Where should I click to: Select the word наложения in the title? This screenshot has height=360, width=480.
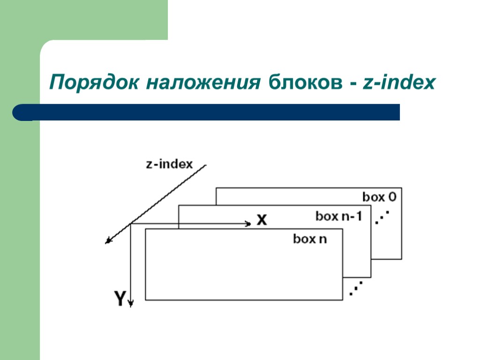pyautogui.click(x=203, y=83)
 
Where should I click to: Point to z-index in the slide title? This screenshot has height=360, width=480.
pyautogui.click(x=399, y=83)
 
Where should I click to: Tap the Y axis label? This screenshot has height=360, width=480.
pyautogui.click(x=120, y=299)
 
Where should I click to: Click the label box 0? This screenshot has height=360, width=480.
pyautogui.click(x=379, y=197)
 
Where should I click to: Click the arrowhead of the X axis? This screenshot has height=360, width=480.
pyautogui.click(x=248, y=224)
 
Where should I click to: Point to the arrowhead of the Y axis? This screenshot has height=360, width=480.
pyautogui.click(x=131, y=303)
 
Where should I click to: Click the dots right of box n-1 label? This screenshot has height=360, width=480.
pyautogui.click(x=383, y=217)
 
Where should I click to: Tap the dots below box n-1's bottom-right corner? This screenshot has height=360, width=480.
pyautogui.click(x=356, y=288)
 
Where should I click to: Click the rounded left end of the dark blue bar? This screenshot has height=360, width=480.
pyautogui.click(x=21, y=112)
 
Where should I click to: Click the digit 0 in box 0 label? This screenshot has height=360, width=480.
pyautogui.click(x=391, y=197)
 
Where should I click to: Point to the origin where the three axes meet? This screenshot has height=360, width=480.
pyautogui.click(x=131, y=224)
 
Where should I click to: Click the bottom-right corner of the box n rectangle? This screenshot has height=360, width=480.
pyautogui.click(x=343, y=300)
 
